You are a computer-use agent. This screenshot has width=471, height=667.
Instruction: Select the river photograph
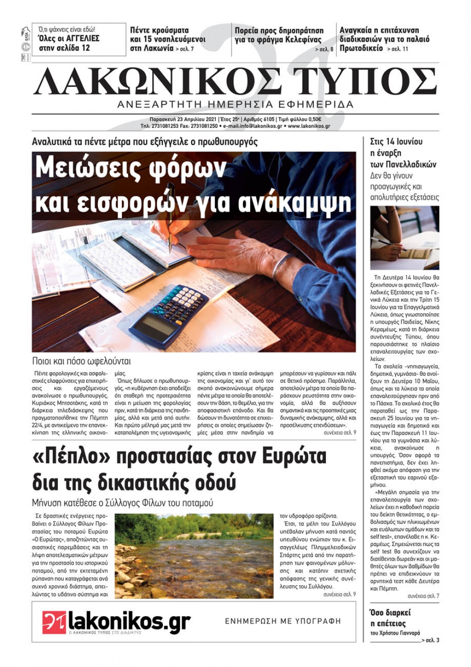[194, 556]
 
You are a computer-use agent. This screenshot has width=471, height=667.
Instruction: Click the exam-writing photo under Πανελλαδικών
[405, 238]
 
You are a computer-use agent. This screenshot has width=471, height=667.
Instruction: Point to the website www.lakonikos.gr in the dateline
[309, 126]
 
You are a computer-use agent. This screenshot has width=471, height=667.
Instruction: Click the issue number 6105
[267, 120]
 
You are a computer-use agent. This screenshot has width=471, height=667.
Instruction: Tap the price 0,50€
[314, 120]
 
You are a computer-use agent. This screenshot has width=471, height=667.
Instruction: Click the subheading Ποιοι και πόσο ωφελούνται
[81, 362]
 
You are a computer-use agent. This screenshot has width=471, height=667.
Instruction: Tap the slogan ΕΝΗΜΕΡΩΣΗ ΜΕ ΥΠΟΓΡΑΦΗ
[283, 621]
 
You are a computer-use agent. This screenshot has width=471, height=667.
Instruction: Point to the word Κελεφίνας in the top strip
[303, 40]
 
